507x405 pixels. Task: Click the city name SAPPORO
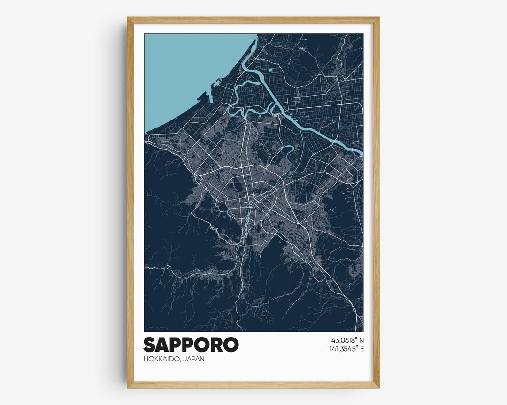pyautogui.click(x=191, y=345)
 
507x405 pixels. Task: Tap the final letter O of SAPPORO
pyautogui.click(x=231, y=345)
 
